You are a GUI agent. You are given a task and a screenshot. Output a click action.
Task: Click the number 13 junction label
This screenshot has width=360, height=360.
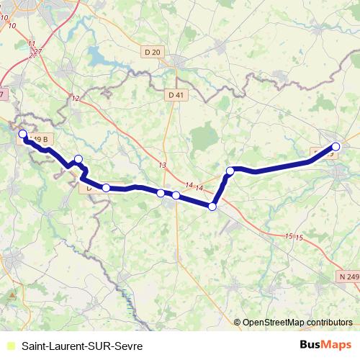(x=163, y=166)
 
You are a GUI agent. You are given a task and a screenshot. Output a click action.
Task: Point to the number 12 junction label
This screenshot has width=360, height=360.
(x=76, y=99)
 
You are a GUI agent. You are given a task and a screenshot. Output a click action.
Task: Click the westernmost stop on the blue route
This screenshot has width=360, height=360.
(x=22, y=134)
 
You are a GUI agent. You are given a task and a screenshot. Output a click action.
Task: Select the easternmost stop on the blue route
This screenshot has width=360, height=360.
(x=336, y=147)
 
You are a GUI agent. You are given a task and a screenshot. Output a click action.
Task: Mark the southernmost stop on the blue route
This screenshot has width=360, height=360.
(x=212, y=207)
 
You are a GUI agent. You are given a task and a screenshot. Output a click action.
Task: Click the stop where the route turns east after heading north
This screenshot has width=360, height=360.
(x=230, y=171)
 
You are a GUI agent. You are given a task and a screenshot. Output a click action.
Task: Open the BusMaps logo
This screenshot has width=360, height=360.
(x=326, y=346)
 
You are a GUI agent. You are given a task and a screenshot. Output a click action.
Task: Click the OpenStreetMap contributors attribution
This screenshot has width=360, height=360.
(x=297, y=323)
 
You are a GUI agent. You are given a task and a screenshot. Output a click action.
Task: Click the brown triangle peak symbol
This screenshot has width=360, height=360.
(x=12, y=295)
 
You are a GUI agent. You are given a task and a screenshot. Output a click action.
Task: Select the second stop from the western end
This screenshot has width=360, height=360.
(x=78, y=159)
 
